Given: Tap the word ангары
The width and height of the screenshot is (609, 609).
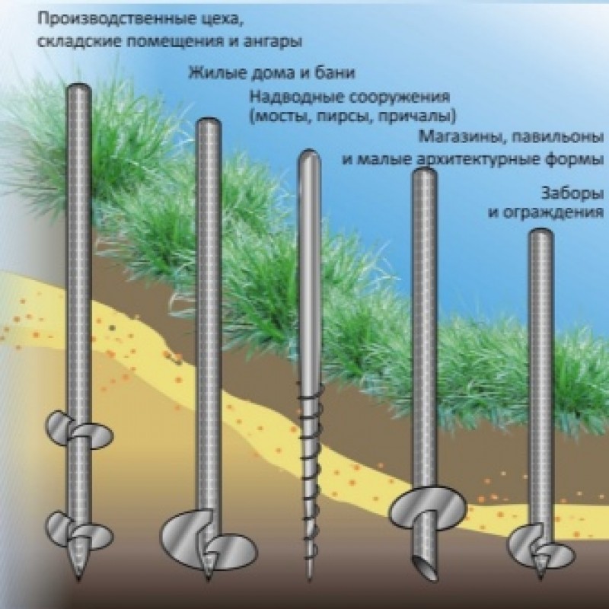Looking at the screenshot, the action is tap(273, 42).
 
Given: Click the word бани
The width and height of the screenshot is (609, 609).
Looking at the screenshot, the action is tap(335, 72).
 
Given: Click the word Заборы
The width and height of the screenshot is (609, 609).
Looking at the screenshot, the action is tap(572, 193).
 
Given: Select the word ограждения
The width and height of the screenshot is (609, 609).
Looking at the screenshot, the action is tap(553, 213).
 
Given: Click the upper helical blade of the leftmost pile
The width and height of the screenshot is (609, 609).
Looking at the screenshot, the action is tap(79, 429).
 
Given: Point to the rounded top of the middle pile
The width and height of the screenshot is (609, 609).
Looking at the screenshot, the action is tap(309, 156).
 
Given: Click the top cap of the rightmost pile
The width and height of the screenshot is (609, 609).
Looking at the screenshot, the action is tap(541, 234).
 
